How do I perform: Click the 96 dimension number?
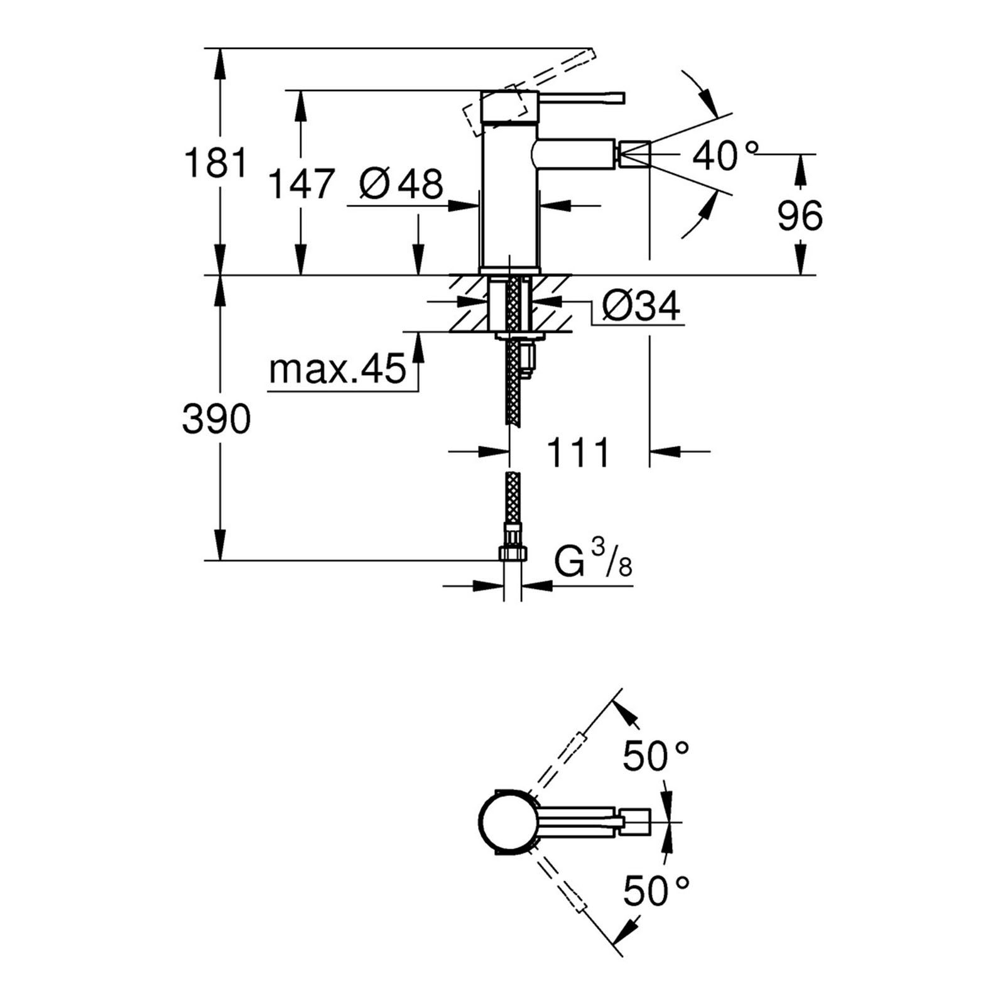(800, 215)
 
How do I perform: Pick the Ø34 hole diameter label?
(641, 307)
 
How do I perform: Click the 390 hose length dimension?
(216, 419)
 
